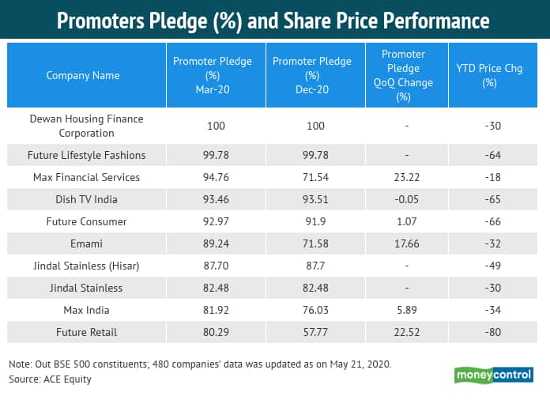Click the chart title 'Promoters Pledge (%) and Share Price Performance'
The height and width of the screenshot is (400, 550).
coord(274,20)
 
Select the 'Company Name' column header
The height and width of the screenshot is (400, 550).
coord(83,76)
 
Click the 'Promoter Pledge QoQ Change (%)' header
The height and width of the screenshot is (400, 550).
coord(403,76)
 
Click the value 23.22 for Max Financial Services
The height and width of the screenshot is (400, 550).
coord(403,177)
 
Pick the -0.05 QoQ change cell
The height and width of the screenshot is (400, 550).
coord(403,199)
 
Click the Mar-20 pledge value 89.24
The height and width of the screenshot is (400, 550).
coord(214,243)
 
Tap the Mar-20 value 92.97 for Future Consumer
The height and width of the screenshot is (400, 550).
coord(214,221)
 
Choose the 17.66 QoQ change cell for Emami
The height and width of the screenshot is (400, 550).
coord(403,243)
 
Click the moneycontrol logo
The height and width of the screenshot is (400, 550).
coord(495,375)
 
